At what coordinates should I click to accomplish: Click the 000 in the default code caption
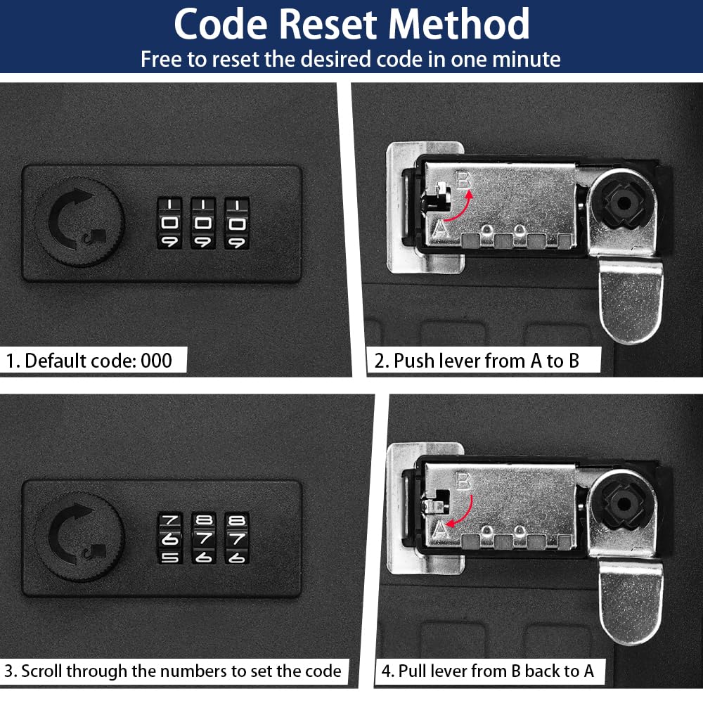(x=157, y=361)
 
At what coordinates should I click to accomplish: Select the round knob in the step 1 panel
(x=80, y=221)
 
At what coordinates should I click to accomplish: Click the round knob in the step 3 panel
(x=80, y=536)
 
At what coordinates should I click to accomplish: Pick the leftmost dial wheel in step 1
(x=169, y=224)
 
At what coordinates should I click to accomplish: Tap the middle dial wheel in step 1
(x=203, y=224)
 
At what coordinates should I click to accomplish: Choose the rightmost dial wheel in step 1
(x=237, y=224)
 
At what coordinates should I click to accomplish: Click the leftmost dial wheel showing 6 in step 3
(x=170, y=538)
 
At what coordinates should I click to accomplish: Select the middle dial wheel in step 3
(x=204, y=538)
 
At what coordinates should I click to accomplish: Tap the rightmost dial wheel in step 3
(x=237, y=538)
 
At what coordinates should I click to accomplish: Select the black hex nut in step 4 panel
(x=624, y=504)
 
